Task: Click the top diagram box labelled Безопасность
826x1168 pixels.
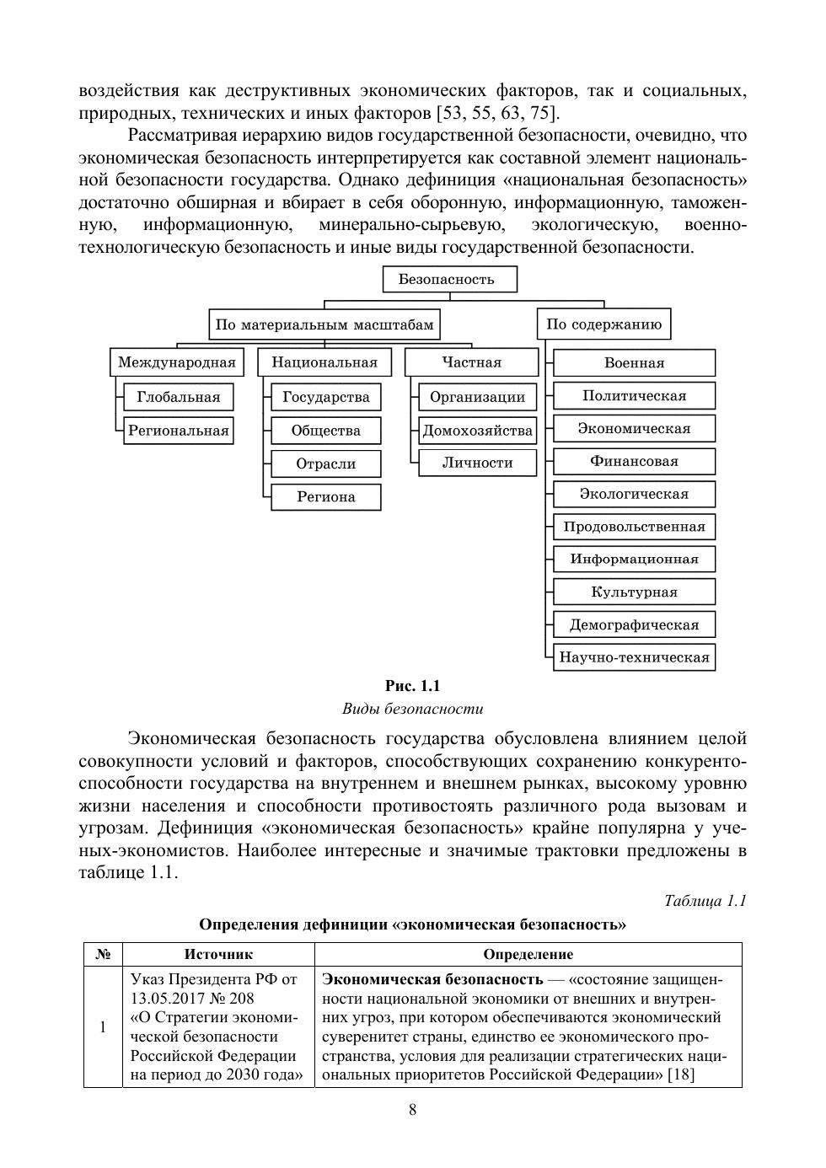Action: click(450, 279)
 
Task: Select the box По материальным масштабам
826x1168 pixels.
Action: click(324, 324)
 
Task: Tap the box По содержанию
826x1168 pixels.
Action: click(603, 324)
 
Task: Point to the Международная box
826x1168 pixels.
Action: click(176, 362)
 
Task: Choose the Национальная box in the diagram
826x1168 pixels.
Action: click(324, 362)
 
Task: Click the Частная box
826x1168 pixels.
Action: click(471, 362)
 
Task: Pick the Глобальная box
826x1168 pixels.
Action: click(179, 397)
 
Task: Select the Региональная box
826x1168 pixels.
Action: click(179, 431)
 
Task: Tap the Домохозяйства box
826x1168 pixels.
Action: click(478, 431)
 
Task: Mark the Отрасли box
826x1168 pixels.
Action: click(326, 463)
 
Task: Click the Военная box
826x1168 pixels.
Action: click(634, 363)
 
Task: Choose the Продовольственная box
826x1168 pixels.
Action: click(634, 527)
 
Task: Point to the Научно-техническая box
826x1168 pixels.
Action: click(634, 657)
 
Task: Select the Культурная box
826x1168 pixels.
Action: click(634, 592)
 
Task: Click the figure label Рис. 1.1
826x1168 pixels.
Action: click(412, 686)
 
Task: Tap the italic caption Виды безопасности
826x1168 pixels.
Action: click(412, 709)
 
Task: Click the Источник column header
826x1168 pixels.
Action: click(218, 954)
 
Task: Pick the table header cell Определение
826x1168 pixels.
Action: click(528, 954)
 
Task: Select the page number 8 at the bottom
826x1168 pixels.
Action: click(412, 1109)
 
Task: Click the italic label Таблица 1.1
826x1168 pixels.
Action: click(705, 901)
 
